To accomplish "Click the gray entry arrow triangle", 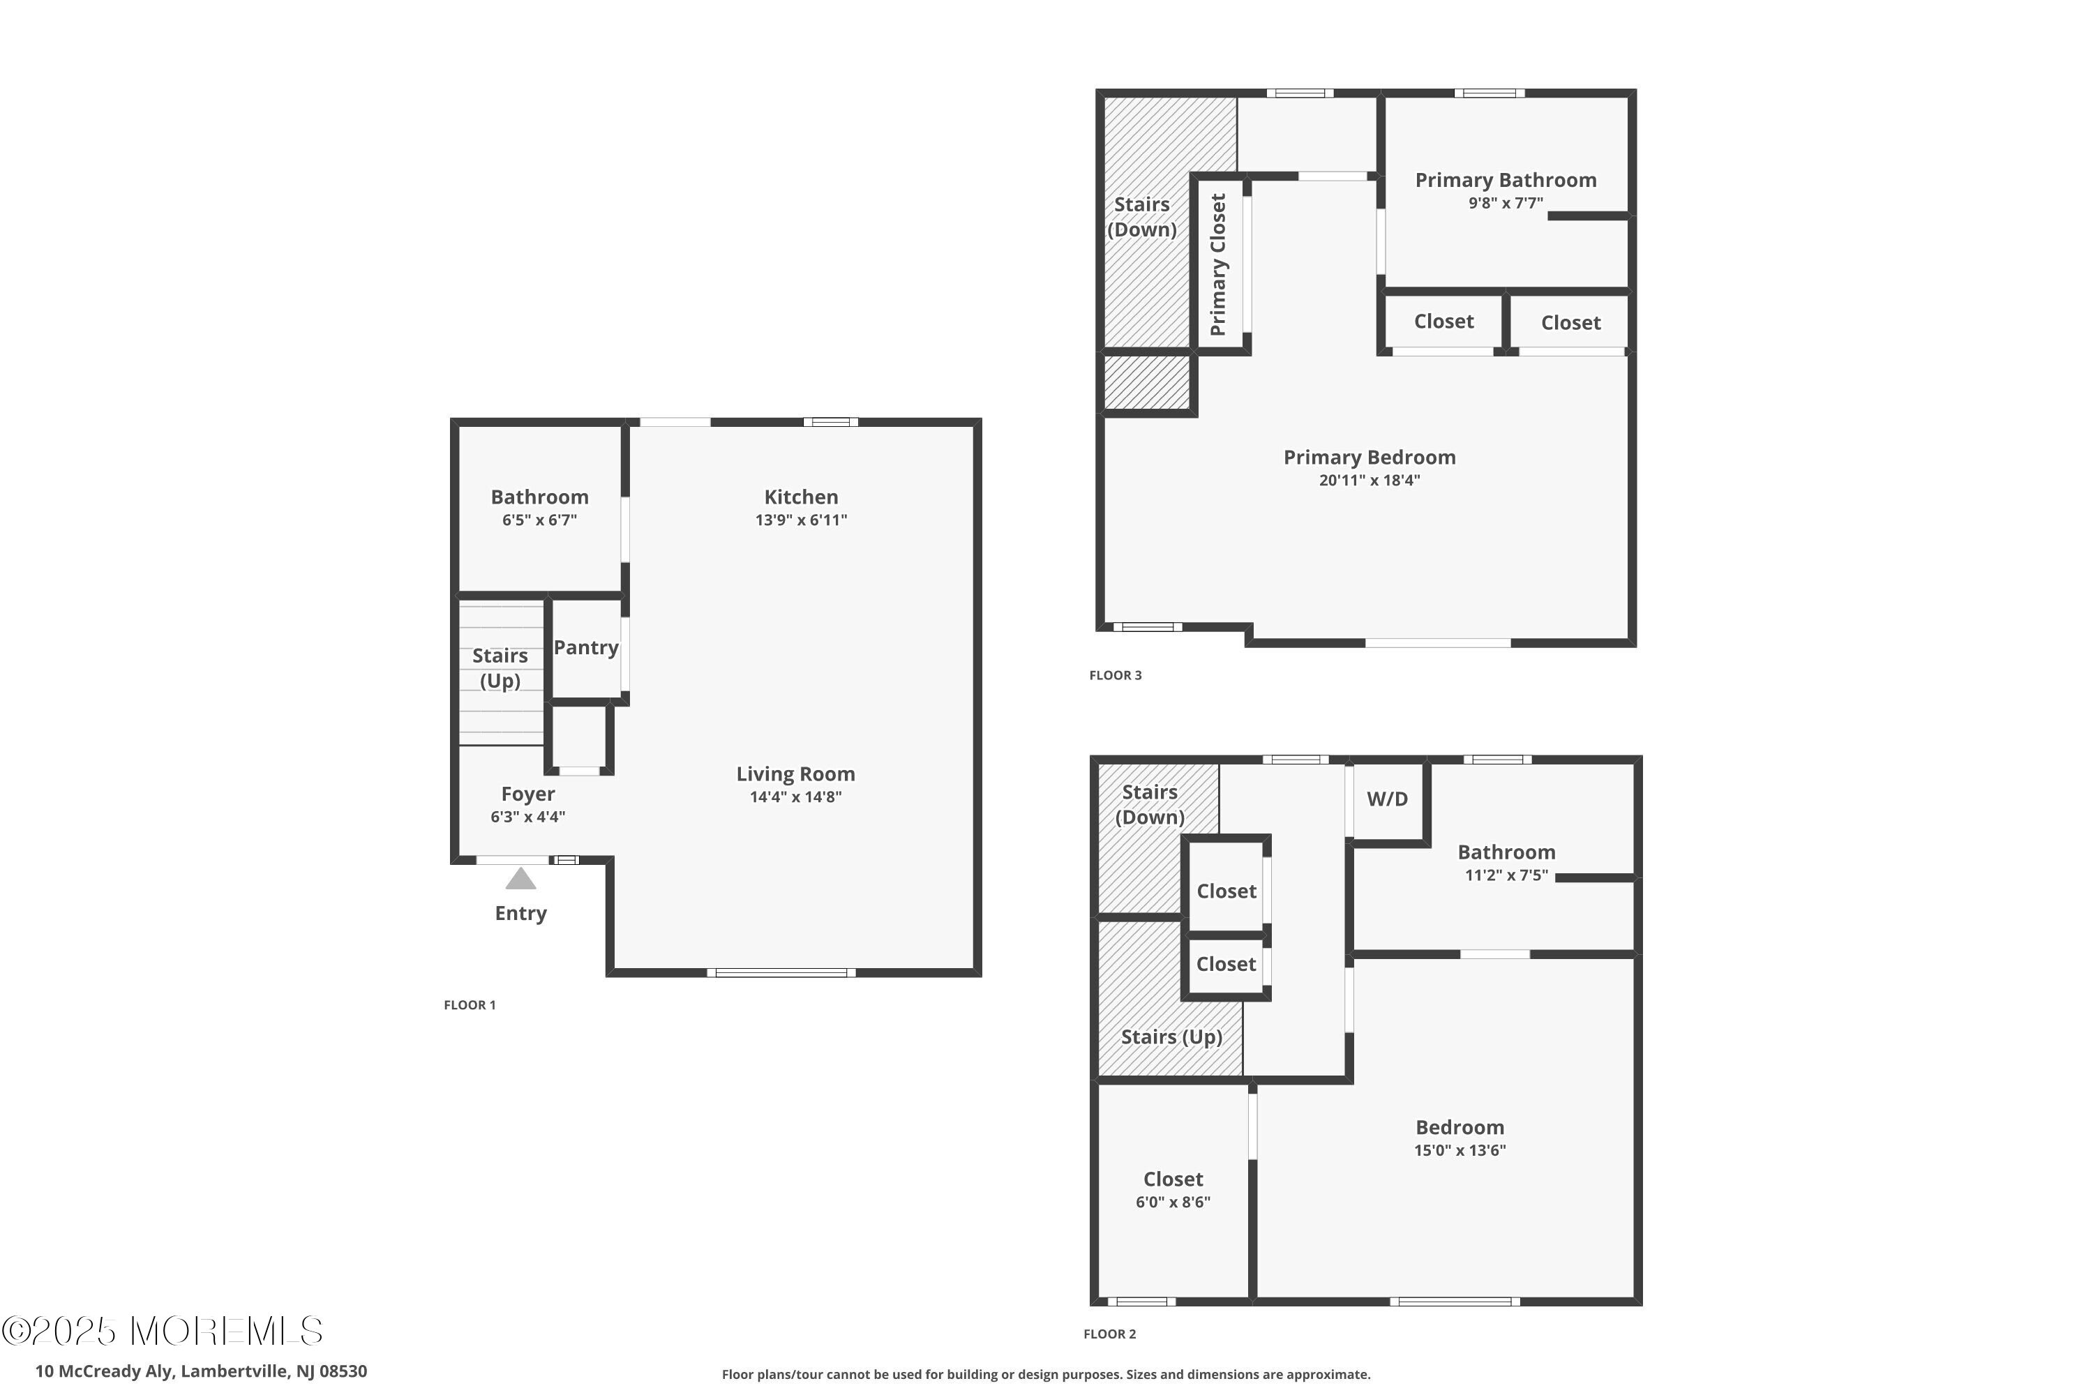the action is [x=520, y=879].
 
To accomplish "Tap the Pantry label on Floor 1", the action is [x=585, y=648].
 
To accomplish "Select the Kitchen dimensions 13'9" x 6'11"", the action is [x=801, y=520].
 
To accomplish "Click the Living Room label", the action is [x=795, y=774].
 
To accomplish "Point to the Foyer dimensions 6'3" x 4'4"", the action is [x=527, y=817].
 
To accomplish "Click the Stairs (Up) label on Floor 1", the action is [x=500, y=668].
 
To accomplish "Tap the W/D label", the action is [x=1388, y=799].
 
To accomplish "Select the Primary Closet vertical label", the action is [x=1218, y=264].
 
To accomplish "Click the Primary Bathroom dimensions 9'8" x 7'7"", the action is [x=1506, y=203].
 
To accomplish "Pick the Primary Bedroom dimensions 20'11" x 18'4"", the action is [x=1370, y=481].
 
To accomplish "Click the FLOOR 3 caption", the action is [x=1115, y=675].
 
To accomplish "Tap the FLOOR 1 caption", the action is [x=470, y=1005].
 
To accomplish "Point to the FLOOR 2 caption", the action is [x=1110, y=1334].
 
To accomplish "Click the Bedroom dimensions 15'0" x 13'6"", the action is [x=1460, y=1150].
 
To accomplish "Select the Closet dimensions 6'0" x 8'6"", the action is [x=1173, y=1202].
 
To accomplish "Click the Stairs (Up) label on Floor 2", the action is [x=1171, y=1036].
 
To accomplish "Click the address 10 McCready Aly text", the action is [x=104, y=1371].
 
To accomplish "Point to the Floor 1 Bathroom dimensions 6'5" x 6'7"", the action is [x=539, y=520].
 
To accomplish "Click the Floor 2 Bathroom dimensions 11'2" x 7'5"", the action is [x=1506, y=875].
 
